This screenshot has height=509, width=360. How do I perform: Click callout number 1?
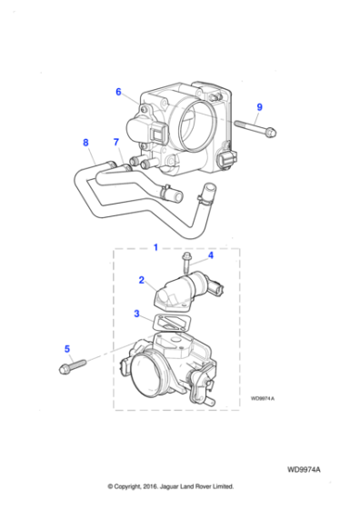[155, 246]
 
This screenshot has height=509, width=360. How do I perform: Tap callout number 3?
[137, 314]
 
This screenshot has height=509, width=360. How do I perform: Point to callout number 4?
[210, 256]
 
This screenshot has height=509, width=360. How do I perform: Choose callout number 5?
[66, 347]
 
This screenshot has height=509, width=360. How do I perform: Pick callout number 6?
[118, 91]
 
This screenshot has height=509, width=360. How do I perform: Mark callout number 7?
[116, 142]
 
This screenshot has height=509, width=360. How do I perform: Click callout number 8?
[85, 142]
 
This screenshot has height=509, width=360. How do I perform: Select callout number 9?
[259, 107]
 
